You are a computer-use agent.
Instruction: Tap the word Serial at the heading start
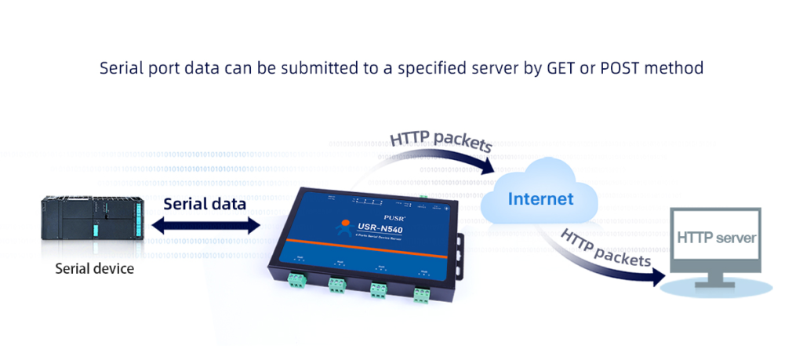(x=120, y=68)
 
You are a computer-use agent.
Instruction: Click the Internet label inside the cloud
(x=540, y=198)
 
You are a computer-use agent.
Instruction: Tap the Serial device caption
(x=94, y=269)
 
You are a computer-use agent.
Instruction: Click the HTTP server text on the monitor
(x=716, y=238)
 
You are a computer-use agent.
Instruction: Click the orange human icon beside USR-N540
(x=343, y=228)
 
